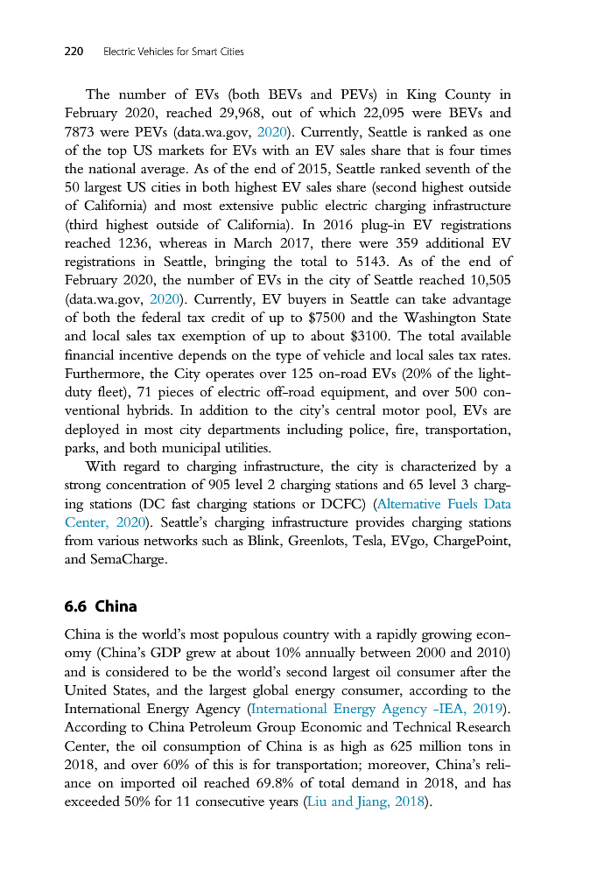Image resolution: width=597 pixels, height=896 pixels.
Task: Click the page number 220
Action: point(74,52)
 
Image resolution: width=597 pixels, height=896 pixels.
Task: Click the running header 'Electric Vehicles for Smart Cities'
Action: point(173,52)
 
